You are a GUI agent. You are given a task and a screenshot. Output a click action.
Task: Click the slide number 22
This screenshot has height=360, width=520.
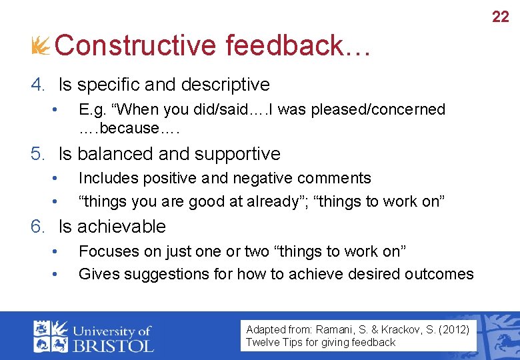tap(500, 17)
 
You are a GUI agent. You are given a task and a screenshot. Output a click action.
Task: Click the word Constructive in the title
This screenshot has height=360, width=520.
tap(135, 46)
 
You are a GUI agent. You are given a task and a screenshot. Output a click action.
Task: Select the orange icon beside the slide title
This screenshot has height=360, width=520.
tap(41, 46)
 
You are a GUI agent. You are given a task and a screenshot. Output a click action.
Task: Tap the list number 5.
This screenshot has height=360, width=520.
tap(37, 154)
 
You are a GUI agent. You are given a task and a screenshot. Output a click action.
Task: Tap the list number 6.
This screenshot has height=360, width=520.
tap(37, 227)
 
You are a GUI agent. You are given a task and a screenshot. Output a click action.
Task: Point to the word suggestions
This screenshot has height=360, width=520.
tap(159, 274)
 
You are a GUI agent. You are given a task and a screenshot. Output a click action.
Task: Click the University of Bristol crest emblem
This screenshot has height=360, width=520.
tap(50, 337)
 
